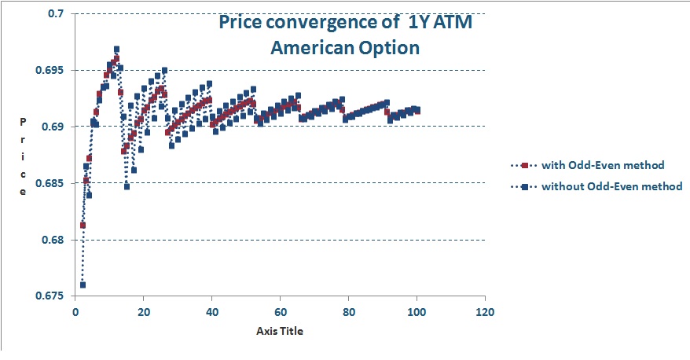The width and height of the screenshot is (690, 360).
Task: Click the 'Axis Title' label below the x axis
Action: click(x=279, y=331)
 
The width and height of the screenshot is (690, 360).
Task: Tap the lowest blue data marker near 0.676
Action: click(x=83, y=285)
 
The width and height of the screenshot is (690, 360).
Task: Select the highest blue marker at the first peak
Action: click(x=116, y=50)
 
